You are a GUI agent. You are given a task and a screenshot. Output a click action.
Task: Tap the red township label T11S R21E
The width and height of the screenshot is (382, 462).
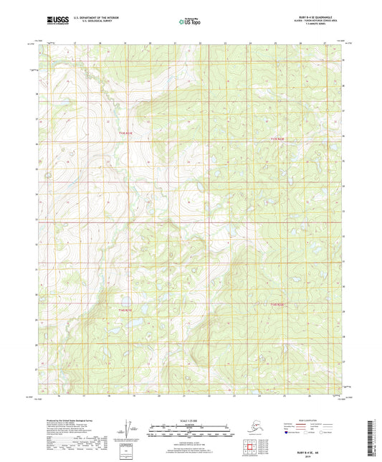pos(126,133)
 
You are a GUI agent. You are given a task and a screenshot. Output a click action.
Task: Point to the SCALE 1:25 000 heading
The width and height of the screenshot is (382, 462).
pos(191,420)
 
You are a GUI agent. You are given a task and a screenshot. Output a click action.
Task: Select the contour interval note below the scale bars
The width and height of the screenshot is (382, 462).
pos(191,444)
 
